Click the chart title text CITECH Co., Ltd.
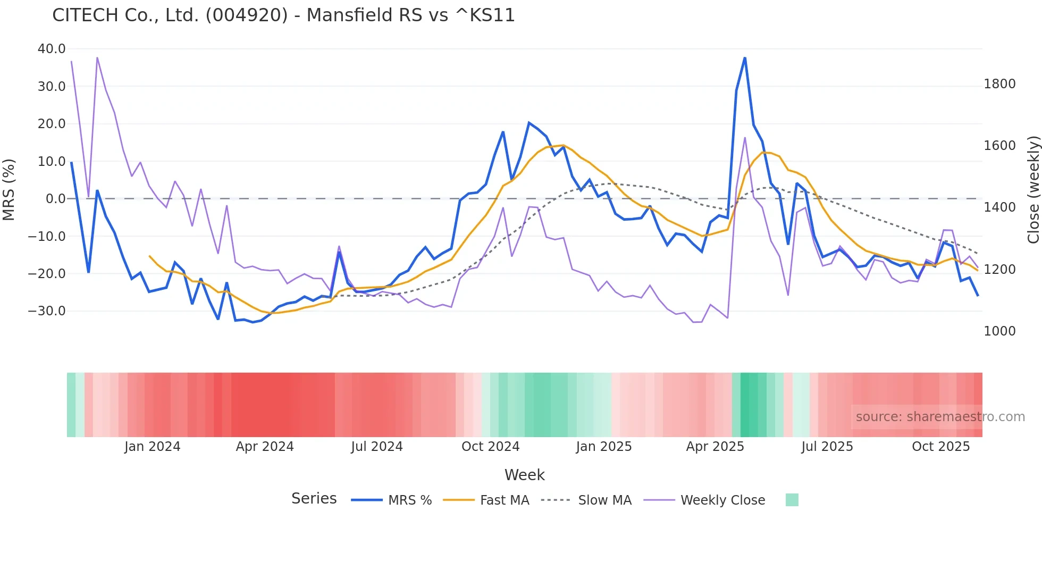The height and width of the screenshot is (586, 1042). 283,15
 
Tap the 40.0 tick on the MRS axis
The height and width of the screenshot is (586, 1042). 52,49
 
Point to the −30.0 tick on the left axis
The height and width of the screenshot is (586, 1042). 47,311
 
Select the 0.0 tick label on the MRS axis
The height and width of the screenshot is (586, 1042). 56,199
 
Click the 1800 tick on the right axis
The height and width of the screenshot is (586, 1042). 999,84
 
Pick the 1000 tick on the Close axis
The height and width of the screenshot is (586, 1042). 999,331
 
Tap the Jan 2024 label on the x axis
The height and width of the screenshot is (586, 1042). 153,447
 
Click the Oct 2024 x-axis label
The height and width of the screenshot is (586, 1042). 490,447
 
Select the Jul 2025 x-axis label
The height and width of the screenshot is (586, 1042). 827,447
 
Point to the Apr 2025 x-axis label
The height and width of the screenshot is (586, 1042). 715,447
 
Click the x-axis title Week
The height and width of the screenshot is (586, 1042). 524,475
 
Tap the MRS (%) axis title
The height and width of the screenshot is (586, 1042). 9,189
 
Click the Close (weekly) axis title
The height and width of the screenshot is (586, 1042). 1033,190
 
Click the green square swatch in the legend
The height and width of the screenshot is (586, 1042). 792,500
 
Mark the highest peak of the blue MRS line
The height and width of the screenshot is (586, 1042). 745,57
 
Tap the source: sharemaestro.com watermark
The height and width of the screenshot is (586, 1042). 940,417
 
